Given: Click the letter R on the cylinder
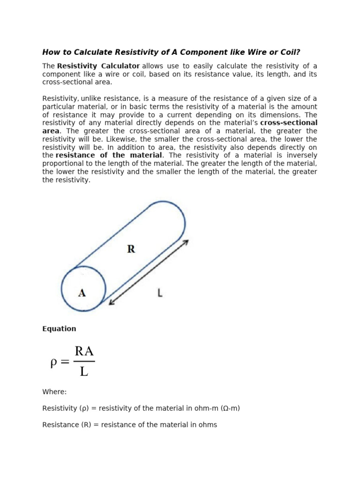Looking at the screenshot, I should (131, 249).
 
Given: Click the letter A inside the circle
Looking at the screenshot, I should (82, 293).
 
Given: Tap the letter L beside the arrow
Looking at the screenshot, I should (160, 293).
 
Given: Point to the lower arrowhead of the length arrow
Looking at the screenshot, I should (111, 302).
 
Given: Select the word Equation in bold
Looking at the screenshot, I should (59, 329).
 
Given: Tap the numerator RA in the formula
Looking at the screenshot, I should (84, 352).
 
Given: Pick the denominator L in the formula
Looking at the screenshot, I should (84, 372).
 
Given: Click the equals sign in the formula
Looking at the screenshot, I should (65, 362).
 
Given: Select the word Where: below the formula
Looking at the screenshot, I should (54, 391).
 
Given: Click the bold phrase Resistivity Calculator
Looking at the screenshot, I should (98, 66).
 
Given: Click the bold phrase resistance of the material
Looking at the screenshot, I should (109, 155).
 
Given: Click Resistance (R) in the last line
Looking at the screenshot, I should (64, 425).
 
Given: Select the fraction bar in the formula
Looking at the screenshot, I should (84, 361).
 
